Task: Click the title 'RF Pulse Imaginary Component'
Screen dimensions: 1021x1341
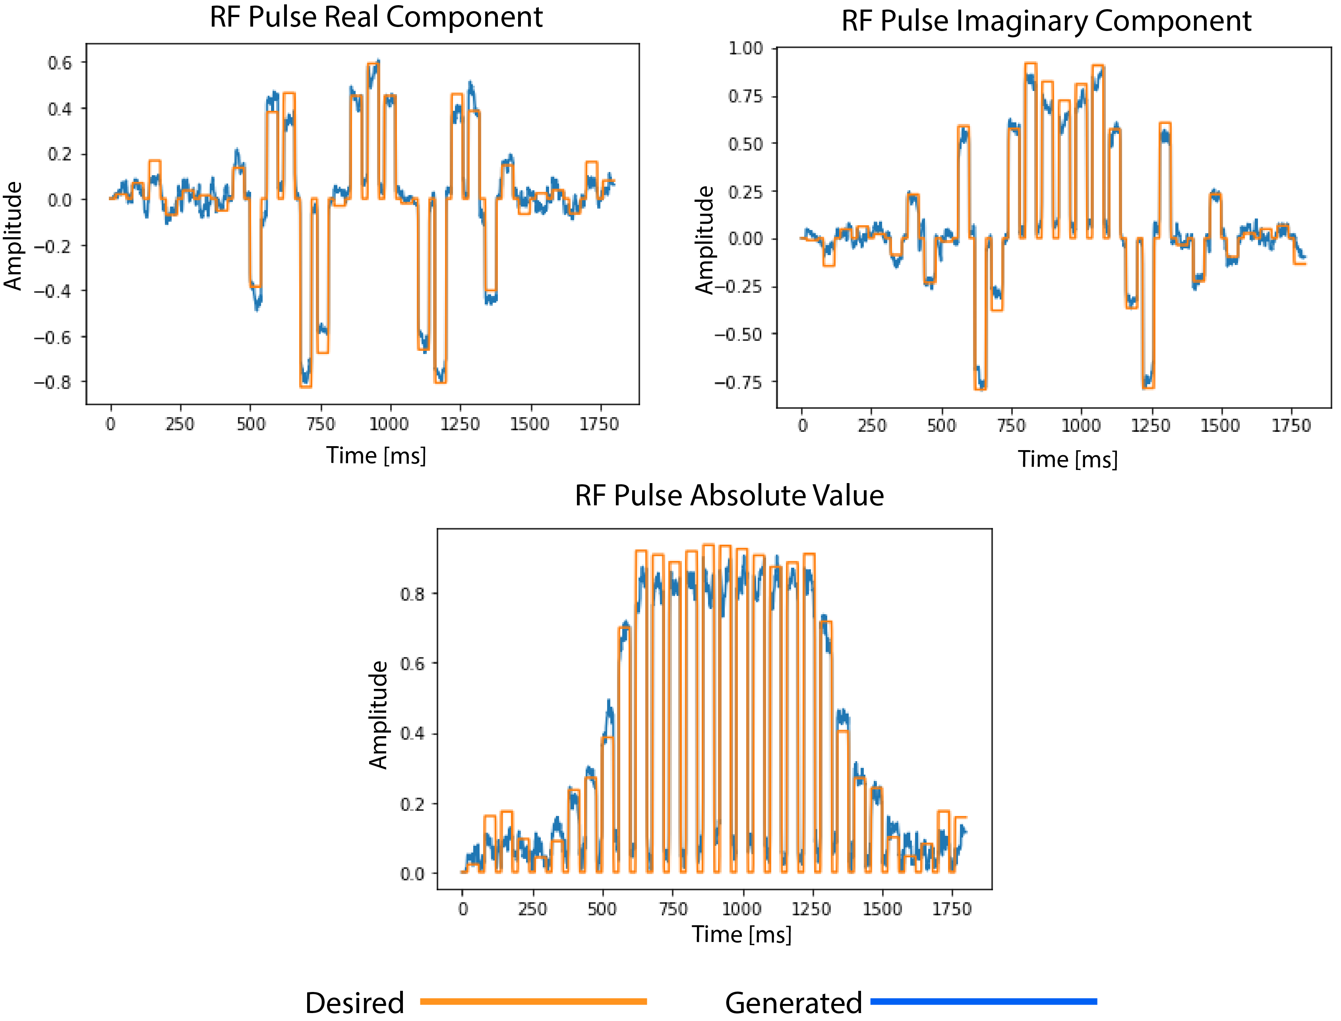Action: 1045,21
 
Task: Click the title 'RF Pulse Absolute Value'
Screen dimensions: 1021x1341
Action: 729,495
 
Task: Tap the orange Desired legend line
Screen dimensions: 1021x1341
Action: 533,1001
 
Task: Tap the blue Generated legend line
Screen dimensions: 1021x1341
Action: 983,1001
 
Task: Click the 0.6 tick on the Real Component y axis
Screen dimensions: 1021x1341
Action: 60,63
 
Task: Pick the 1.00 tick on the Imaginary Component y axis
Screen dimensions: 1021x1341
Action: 745,48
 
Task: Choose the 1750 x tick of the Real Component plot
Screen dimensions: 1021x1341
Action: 599,424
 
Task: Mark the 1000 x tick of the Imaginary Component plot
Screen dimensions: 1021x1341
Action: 1080,425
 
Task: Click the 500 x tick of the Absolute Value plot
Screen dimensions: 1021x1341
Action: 602,909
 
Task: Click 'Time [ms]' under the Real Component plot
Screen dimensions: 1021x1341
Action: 376,455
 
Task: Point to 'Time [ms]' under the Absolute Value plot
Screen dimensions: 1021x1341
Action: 742,934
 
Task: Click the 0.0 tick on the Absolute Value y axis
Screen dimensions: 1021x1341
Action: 412,874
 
